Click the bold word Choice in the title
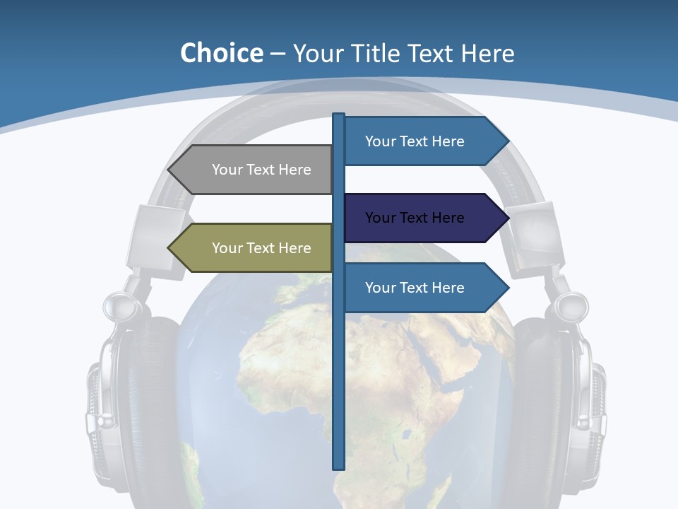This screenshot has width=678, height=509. coord(221,53)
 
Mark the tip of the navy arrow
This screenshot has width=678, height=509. coord(507,218)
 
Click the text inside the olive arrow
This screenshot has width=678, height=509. coord(261,248)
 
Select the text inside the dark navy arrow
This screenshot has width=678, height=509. coord(415,218)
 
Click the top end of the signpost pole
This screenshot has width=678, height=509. coord(339,116)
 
